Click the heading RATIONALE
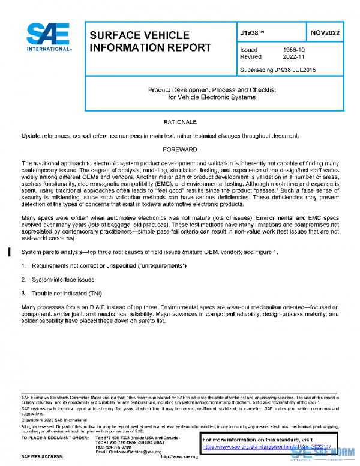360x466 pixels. click(x=180, y=122)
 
